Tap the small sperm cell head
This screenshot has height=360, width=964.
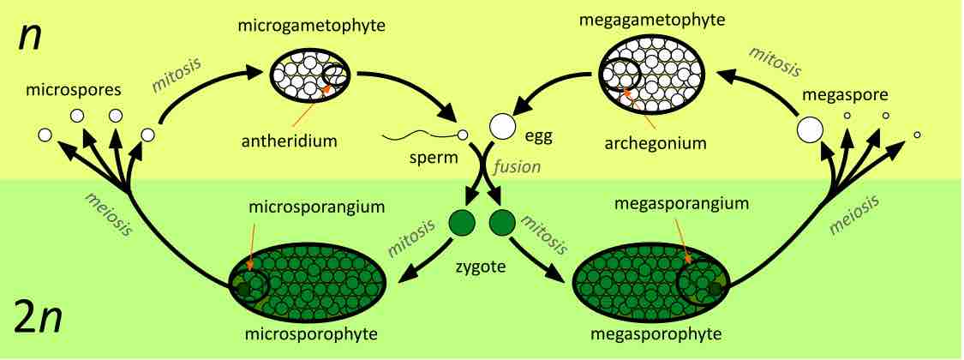(x=462, y=135)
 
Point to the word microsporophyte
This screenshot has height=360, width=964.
(x=306, y=333)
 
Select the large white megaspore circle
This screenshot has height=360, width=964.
(x=810, y=130)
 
